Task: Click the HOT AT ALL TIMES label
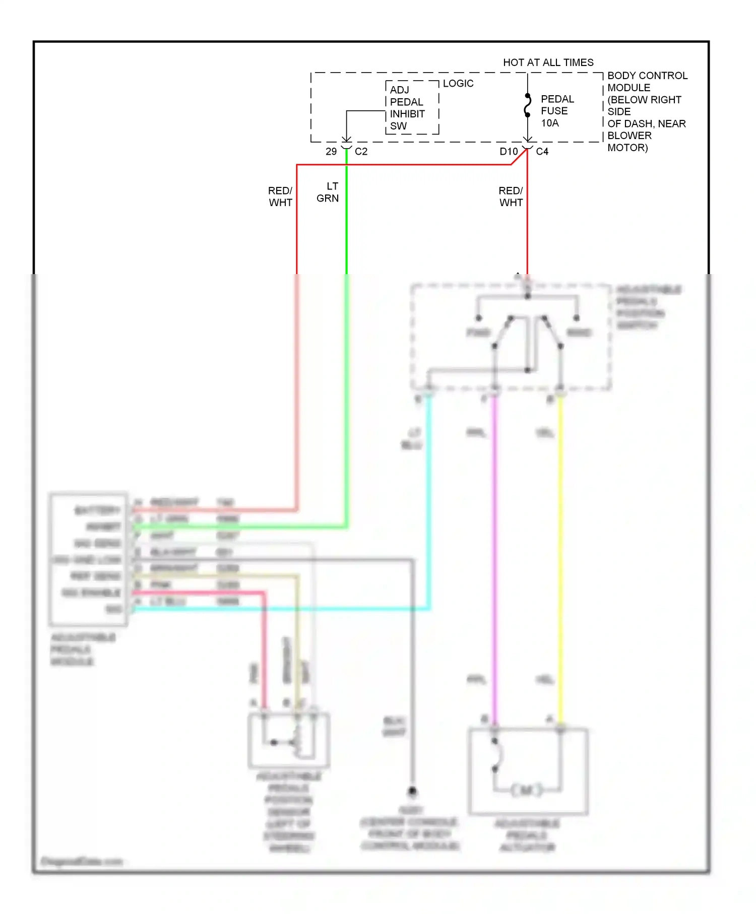tap(548, 62)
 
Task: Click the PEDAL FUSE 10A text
tap(556, 111)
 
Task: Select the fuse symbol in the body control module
tap(527, 105)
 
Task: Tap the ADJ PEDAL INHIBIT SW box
tap(412, 108)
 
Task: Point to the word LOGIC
tap(458, 83)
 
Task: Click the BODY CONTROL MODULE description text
tap(647, 111)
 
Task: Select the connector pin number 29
tap(331, 152)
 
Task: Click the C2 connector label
tap(361, 152)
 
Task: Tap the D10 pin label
tap(508, 152)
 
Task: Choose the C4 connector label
tap(542, 152)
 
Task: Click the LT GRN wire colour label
tap(328, 192)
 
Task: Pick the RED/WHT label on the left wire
tap(280, 197)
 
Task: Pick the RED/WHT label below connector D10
tap(511, 197)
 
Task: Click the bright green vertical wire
tap(346, 353)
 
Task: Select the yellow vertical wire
tap(560, 554)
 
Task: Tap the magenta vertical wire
tap(494, 554)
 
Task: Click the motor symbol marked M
tap(527, 790)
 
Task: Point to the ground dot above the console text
tap(412, 791)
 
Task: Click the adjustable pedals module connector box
tap(88, 559)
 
